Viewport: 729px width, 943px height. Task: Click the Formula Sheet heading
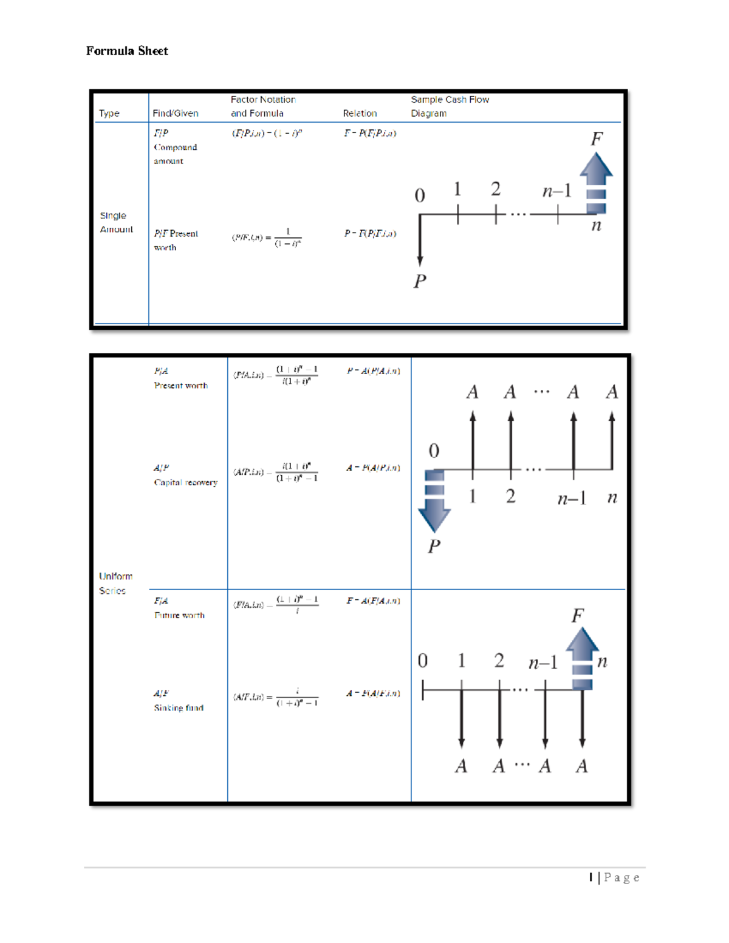[127, 51]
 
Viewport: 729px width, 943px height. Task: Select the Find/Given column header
[176, 113]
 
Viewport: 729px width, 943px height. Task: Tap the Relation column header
[360, 113]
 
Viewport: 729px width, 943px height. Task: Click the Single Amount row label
[116, 222]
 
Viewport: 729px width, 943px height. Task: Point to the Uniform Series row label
[115, 583]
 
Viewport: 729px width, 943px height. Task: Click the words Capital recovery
[186, 483]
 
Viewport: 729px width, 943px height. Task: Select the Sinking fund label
[179, 708]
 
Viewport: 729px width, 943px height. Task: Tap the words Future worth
[179, 615]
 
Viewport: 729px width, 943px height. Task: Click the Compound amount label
[175, 154]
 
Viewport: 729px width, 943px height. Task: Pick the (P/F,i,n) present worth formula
[267, 237]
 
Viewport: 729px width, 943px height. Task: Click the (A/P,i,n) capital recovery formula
[276, 472]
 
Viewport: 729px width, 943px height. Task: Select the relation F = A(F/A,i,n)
[373, 601]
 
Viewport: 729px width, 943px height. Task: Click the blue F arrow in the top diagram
[596, 182]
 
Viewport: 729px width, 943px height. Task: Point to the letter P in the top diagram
[420, 281]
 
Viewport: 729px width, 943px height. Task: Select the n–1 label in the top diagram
[556, 191]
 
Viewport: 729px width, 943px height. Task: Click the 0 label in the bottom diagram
[423, 661]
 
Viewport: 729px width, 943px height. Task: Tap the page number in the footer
[614, 877]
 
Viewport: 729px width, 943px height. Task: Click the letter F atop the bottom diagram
[577, 616]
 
